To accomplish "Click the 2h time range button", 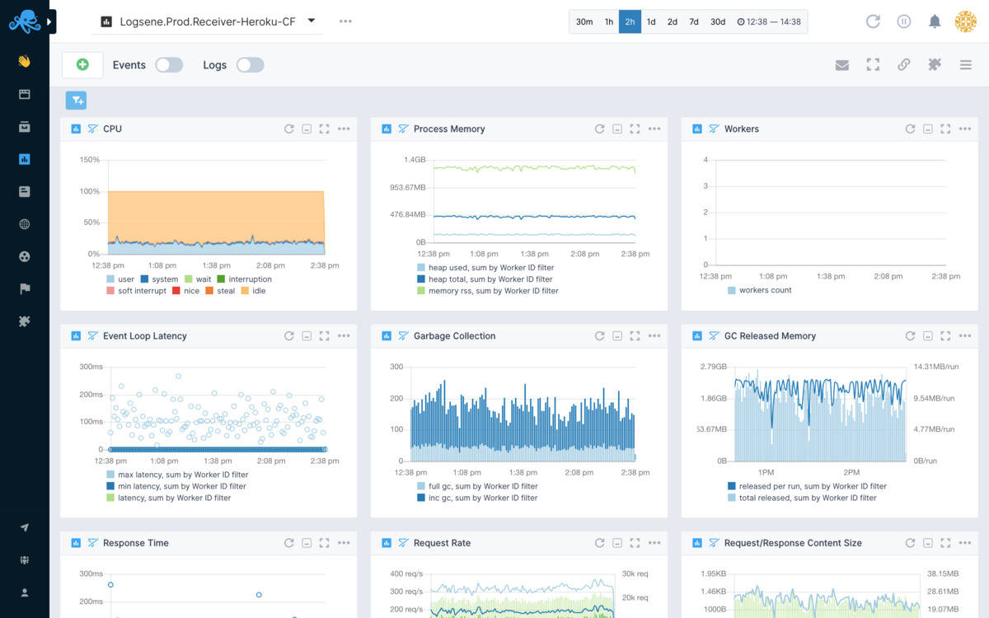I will tap(630, 21).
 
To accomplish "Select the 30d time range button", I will tap(718, 21).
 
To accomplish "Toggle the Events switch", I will tap(169, 65).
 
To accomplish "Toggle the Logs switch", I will tap(250, 65).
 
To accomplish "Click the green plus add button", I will tap(82, 64).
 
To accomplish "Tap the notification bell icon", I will tap(935, 21).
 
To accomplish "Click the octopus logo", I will tap(25, 21).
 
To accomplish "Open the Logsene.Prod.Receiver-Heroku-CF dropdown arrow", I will tap(312, 21).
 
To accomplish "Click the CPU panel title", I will tap(112, 129).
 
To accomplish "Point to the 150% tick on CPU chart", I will tap(90, 160).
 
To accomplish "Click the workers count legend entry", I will tap(765, 290).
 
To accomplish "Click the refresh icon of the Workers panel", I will tap(910, 129).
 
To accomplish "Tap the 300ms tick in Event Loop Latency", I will tap(91, 367).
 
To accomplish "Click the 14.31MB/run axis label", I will tap(936, 367).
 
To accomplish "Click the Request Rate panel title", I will tap(442, 543).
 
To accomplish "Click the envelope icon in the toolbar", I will tap(841, 65).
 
